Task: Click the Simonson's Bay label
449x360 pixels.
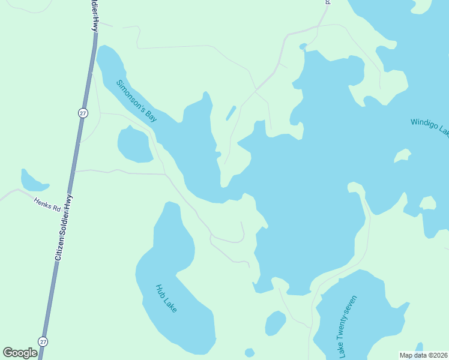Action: point(137,101)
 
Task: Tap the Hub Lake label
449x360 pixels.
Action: point(166,298)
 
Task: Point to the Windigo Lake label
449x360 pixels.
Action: point(429,126)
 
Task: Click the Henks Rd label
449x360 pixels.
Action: point(47,205)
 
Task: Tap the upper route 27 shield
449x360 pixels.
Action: point(83,113)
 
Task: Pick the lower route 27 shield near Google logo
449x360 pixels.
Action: point(43,341)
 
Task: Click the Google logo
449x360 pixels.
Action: point(20,353)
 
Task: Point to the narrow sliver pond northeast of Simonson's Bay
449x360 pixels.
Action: point(231,113)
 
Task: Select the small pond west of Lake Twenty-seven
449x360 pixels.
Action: point(276,323)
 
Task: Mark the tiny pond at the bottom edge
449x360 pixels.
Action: point(250,352)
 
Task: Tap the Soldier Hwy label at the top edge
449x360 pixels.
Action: point(94,16)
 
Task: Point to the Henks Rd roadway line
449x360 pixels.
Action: point(18,193)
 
